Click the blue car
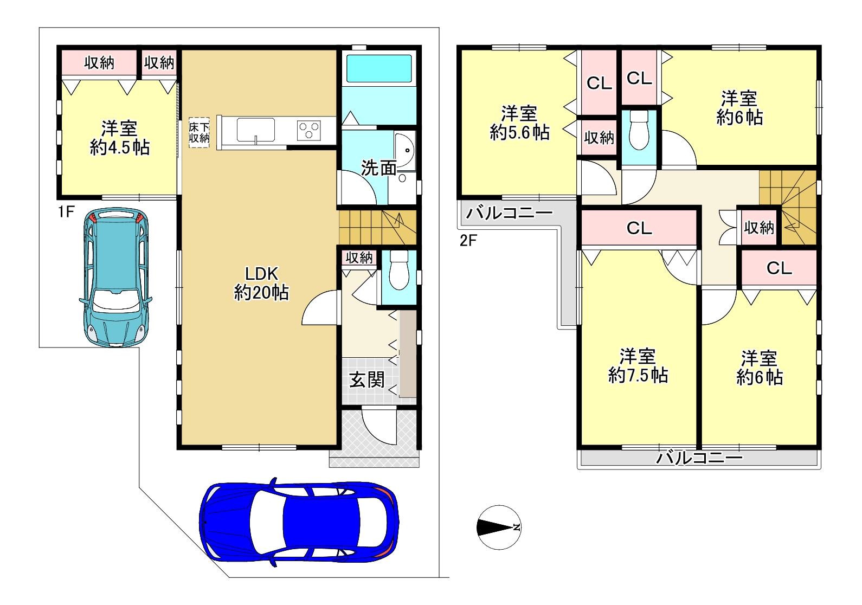299,522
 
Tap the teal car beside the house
115,277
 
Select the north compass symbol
499,527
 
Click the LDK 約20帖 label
261,284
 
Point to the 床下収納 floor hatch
199,133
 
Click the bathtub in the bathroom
379,68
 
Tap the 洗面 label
378,168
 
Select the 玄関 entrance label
366,380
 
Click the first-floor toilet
399,270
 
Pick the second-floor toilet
639,130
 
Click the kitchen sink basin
255,130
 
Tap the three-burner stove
308,130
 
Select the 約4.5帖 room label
120,147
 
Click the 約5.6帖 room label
519,133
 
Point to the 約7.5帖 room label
638,375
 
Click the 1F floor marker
66,211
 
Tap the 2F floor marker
468,241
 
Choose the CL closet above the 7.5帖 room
639,228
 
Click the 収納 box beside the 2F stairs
759,228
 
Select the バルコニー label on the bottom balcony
699,458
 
